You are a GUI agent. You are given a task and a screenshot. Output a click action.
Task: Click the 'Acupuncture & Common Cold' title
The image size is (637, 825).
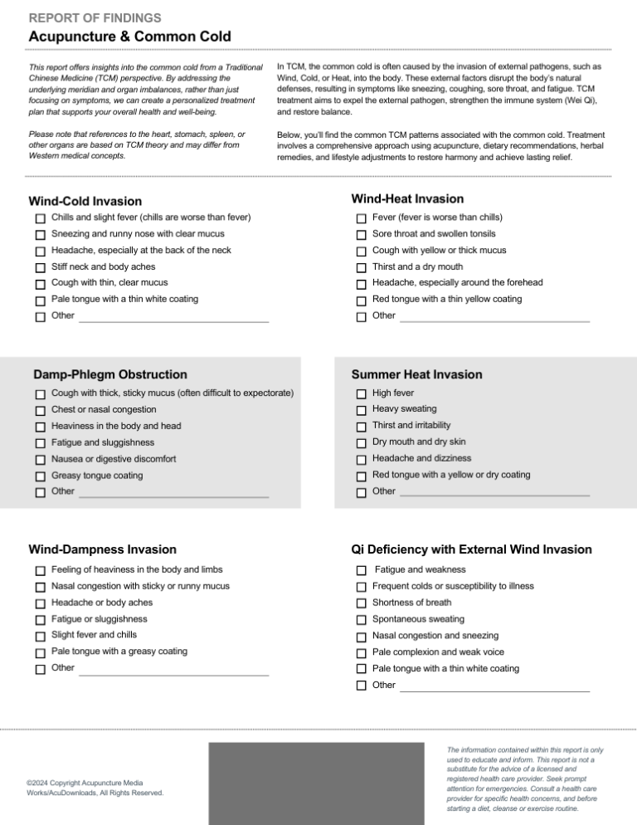(x=129, y=37)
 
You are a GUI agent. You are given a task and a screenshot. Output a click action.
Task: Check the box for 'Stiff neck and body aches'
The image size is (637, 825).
(x=40, y=268)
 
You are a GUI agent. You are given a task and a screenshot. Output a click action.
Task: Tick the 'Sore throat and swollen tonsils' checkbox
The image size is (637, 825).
(x=361, y=235)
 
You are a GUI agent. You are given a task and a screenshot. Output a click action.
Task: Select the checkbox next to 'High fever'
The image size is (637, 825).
(x=361, y=394)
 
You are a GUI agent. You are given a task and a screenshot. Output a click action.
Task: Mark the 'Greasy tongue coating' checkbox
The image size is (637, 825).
(x=40, y=476)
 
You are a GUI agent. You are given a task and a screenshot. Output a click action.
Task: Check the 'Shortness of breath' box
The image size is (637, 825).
(x=361, y=603)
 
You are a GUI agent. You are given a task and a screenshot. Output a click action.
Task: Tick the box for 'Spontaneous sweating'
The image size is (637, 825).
(x=361, y=620)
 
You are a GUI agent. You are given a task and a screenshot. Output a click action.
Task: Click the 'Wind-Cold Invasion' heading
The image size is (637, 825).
(x=85, y=201)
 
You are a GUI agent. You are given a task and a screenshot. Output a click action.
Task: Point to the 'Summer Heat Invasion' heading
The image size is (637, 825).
(x=416, y=375)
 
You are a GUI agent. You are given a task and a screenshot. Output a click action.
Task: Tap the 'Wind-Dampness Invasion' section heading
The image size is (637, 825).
(x=102, y=549)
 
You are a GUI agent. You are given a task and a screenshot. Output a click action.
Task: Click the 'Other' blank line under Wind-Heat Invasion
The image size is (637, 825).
(x=494, y=319)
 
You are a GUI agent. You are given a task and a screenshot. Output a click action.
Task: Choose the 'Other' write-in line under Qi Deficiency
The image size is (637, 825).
(x=494, y=688)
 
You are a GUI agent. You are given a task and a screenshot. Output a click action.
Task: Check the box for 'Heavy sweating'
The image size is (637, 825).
(x=361, y=410)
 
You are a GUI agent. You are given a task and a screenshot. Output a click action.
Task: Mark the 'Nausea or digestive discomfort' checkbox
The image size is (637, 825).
(x=40, y=460)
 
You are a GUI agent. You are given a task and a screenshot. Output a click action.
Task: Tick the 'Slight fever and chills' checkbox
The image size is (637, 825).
(x=40, y=637)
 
